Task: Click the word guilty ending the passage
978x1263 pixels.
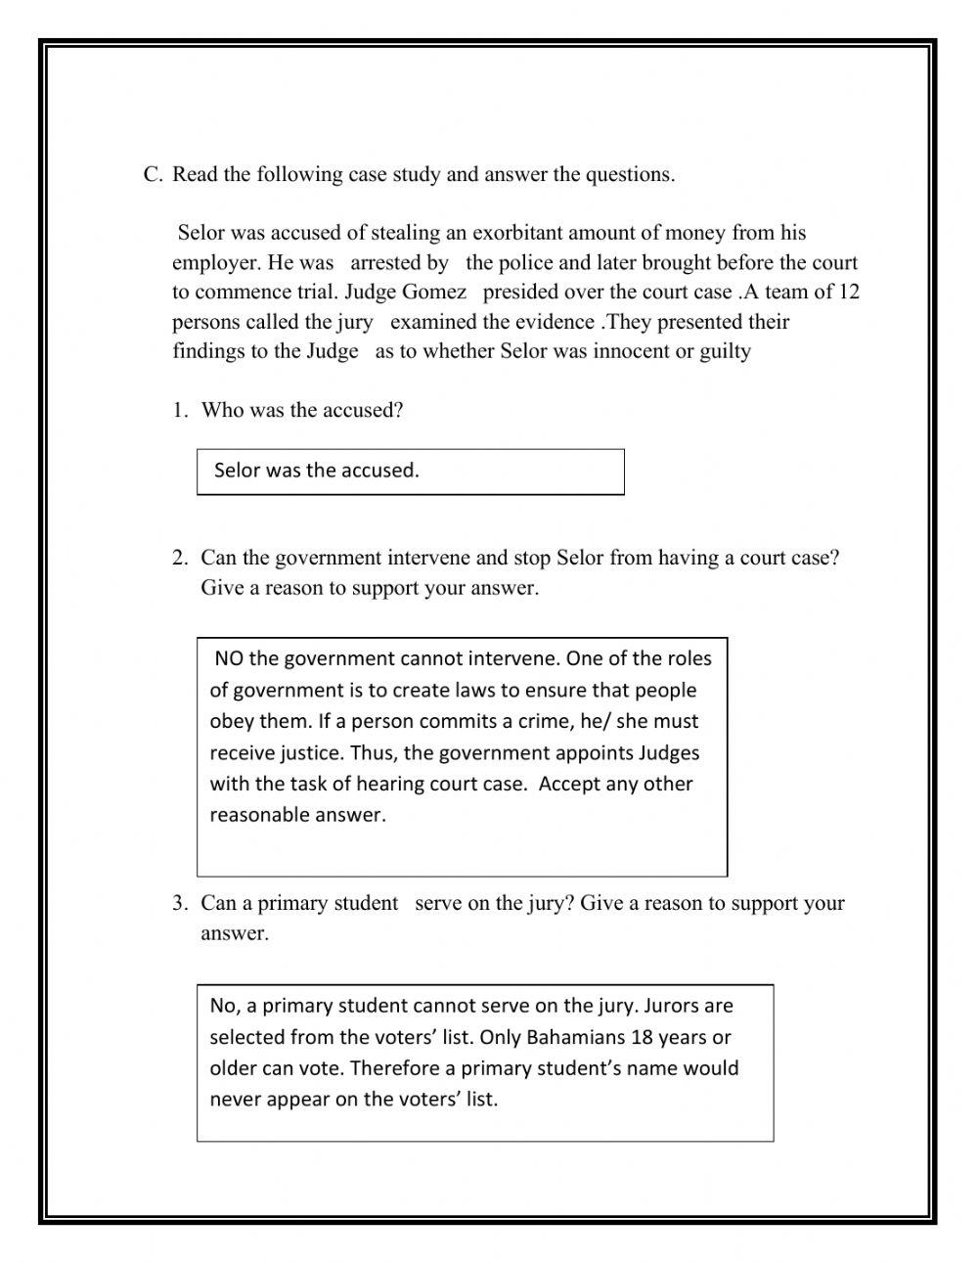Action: click(725, 351)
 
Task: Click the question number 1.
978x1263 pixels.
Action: click(179, 411)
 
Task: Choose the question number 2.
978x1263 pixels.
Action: click(179, 559)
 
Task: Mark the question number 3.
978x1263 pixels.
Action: click(179, 904)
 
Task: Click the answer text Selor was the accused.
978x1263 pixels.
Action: click(316, 471)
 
